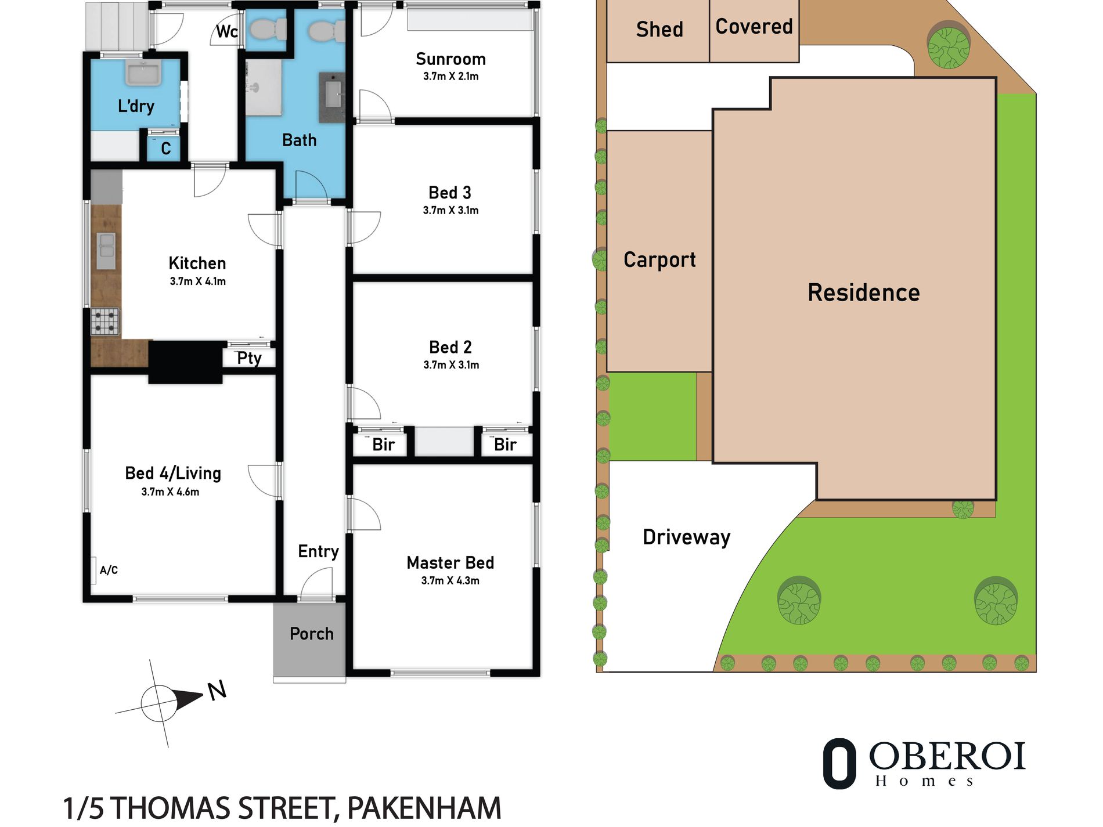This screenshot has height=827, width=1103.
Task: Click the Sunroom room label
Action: point(450,59)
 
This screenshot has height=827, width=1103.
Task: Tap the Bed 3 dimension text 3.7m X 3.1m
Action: point(450,210)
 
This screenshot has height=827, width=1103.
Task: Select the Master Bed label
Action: point(450,562)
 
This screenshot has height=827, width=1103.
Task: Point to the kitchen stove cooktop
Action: point(105,322)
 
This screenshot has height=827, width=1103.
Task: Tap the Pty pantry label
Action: point(249,359)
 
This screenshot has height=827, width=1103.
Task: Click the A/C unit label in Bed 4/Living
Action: point(109,570)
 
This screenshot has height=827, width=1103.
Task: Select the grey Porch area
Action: point(310,639)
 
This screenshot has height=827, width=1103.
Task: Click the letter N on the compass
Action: point(217,690)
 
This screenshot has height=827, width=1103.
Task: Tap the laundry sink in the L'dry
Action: point(144,74)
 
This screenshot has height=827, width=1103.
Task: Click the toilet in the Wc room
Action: point(266,28)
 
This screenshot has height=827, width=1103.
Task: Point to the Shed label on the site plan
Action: point(659,29)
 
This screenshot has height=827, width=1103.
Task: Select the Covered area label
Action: point(754,26)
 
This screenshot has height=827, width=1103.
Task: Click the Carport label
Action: point(659,259)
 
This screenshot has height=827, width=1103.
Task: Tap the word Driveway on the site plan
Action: point(686,537)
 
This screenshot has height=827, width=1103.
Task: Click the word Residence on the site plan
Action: point(864,292)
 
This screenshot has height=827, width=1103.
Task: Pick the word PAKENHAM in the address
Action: point(424,808)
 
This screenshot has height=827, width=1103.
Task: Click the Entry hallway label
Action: point(318,551)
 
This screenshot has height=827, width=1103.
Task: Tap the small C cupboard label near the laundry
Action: point(166,149)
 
